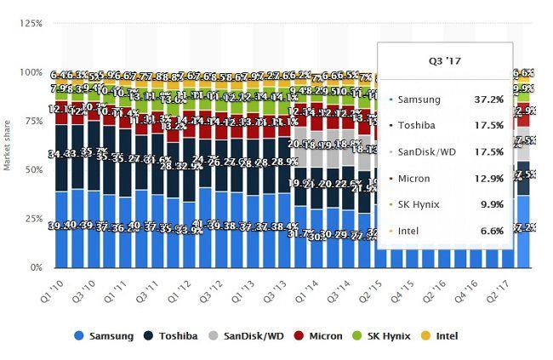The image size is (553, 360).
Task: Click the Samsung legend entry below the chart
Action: (109, 336)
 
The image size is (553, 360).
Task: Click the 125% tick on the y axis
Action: (32, 23)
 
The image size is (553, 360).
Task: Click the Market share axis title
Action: (8, 145)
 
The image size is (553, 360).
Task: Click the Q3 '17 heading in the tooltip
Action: (445, 60)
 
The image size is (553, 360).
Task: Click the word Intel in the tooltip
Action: (409, 232)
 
